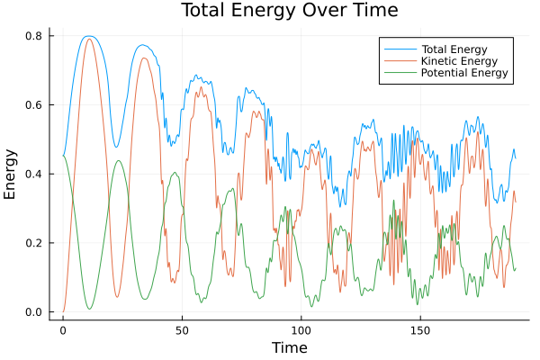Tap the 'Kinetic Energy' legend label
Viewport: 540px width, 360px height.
point(457,60)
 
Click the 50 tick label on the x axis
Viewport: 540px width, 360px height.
point(182,330)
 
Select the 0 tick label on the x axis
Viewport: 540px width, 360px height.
point(63,330)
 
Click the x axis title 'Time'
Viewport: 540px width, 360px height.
point(289,347)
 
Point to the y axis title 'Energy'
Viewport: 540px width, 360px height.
point(11,174)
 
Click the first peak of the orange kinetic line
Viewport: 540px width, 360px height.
point(88,39)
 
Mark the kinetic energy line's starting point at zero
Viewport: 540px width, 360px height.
point(63,311)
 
